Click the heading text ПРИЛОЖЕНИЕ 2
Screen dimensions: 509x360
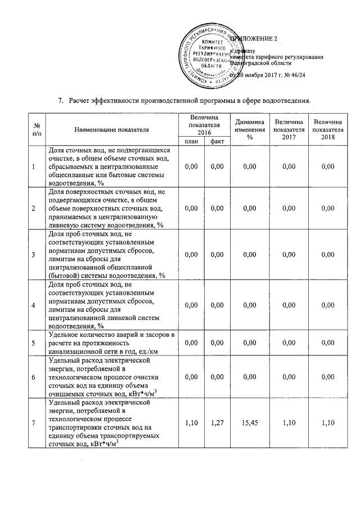[254, 38]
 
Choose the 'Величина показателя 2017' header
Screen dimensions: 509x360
[289, 129]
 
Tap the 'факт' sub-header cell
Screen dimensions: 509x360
[214, 141]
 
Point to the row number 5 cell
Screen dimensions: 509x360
[34, 342]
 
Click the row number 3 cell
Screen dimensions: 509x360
[34, 255]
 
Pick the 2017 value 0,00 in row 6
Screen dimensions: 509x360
[289, 377]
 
